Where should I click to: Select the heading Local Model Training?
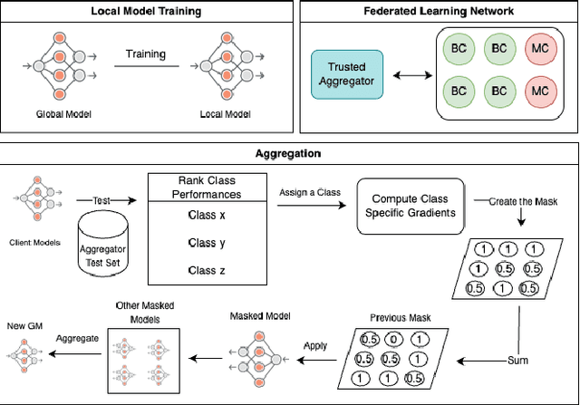pos(147,12)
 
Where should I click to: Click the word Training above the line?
pos(147,54)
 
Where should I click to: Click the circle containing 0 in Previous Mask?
pos(391,339)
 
